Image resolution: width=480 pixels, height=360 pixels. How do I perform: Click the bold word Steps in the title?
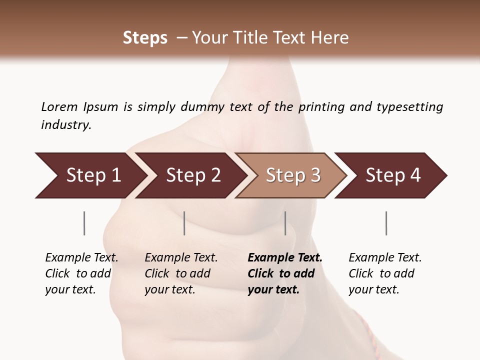point(145,38)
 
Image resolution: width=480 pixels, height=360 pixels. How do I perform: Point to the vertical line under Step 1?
point(84,223)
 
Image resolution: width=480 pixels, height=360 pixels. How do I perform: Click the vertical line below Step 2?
point(184,223)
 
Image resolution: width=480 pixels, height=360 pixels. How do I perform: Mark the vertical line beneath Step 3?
point(285,223)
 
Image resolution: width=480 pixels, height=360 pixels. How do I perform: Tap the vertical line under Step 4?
point(386,223)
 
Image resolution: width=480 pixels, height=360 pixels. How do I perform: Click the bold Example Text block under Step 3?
point(285,273)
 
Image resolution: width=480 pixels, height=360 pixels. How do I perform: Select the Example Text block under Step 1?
point(81,273)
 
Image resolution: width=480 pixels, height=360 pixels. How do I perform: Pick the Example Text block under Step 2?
point(181,273)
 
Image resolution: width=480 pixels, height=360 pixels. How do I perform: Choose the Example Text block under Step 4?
point(385,273)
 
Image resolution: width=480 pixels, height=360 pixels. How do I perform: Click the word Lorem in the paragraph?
point(59,107)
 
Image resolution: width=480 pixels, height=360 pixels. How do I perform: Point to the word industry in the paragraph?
point(66,125)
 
